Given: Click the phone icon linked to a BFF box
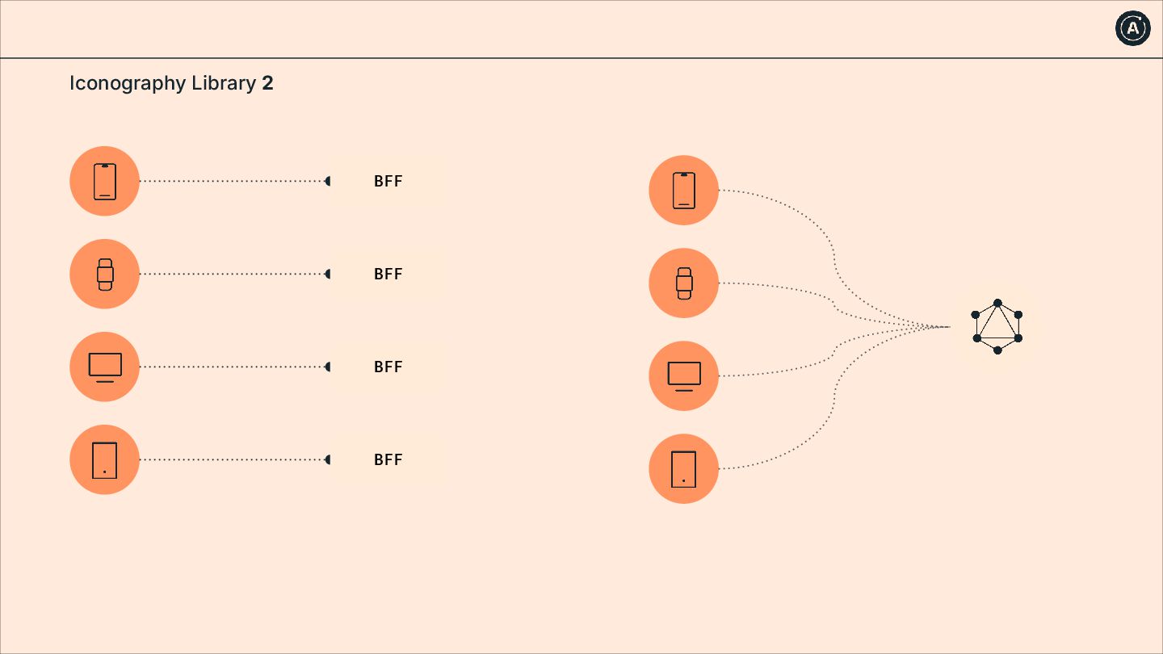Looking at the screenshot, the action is [105, 181].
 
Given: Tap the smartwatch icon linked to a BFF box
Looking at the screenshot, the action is [105, 274].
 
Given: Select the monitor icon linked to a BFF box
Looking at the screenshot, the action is [105, 367].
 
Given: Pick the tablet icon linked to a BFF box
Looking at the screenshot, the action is [105, 459].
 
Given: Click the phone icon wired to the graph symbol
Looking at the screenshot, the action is [684, 191].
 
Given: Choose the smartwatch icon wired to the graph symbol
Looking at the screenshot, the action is [684, 283].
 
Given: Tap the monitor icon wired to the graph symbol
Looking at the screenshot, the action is [684, 375].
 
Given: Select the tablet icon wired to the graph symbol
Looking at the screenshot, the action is [684, 468].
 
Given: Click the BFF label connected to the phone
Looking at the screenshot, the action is [388, 182].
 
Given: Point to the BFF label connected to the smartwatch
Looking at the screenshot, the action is [388, 275].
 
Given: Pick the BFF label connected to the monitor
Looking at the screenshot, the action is [388, 367].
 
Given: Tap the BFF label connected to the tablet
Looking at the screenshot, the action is [388, 460].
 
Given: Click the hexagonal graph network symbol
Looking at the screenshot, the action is [997, 326].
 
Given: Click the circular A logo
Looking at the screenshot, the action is [1133, 28].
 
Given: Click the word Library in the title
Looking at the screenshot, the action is [224, 83].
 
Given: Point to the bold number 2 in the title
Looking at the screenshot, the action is [267, 83].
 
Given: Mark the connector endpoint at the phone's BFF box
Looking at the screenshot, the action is [328, 181].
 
